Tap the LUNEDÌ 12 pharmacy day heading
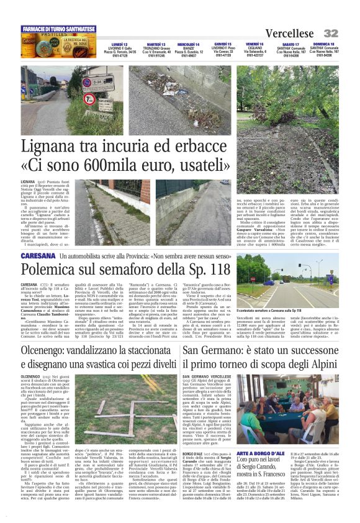coord(120,45)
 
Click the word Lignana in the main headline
coord(52,148)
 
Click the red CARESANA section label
coord(38,256)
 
